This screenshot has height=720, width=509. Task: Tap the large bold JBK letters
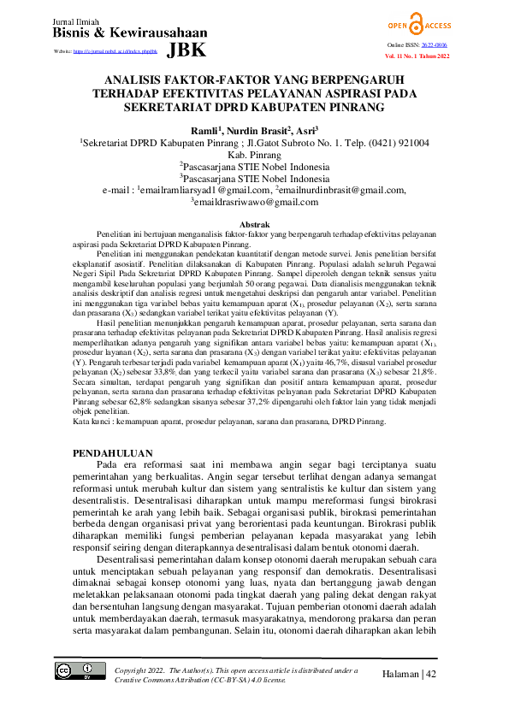[186, 50]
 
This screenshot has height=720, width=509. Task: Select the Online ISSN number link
[458, 44]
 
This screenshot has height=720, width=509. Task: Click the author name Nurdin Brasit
[257, 129]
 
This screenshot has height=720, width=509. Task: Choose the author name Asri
[305, 129]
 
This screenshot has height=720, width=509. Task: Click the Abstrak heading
[254, 223]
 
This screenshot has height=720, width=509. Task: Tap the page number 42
[430, 674]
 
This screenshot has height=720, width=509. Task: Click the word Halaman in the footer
[399, 674]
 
